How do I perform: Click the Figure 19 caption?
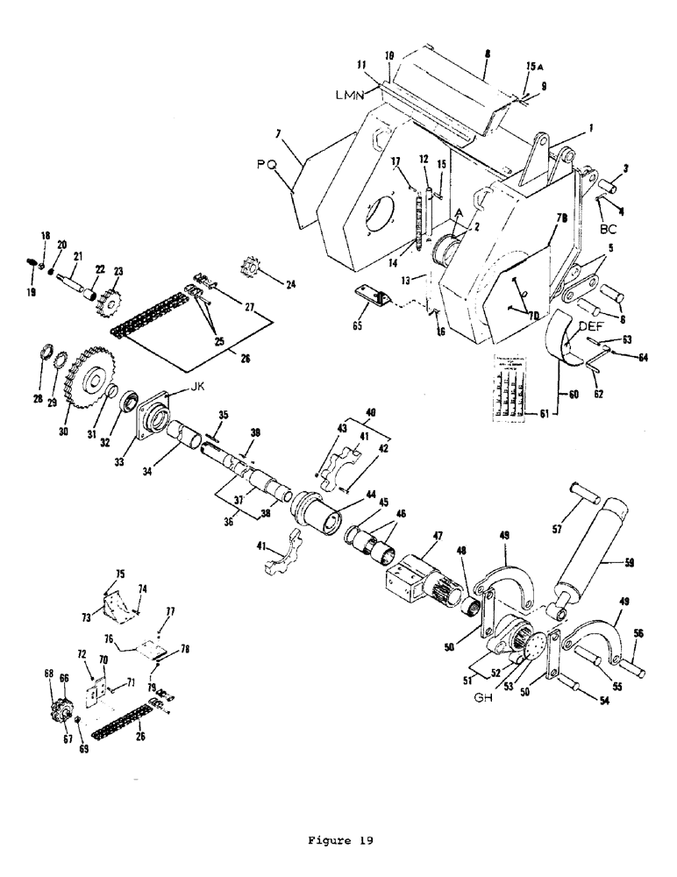click(338, 840)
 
